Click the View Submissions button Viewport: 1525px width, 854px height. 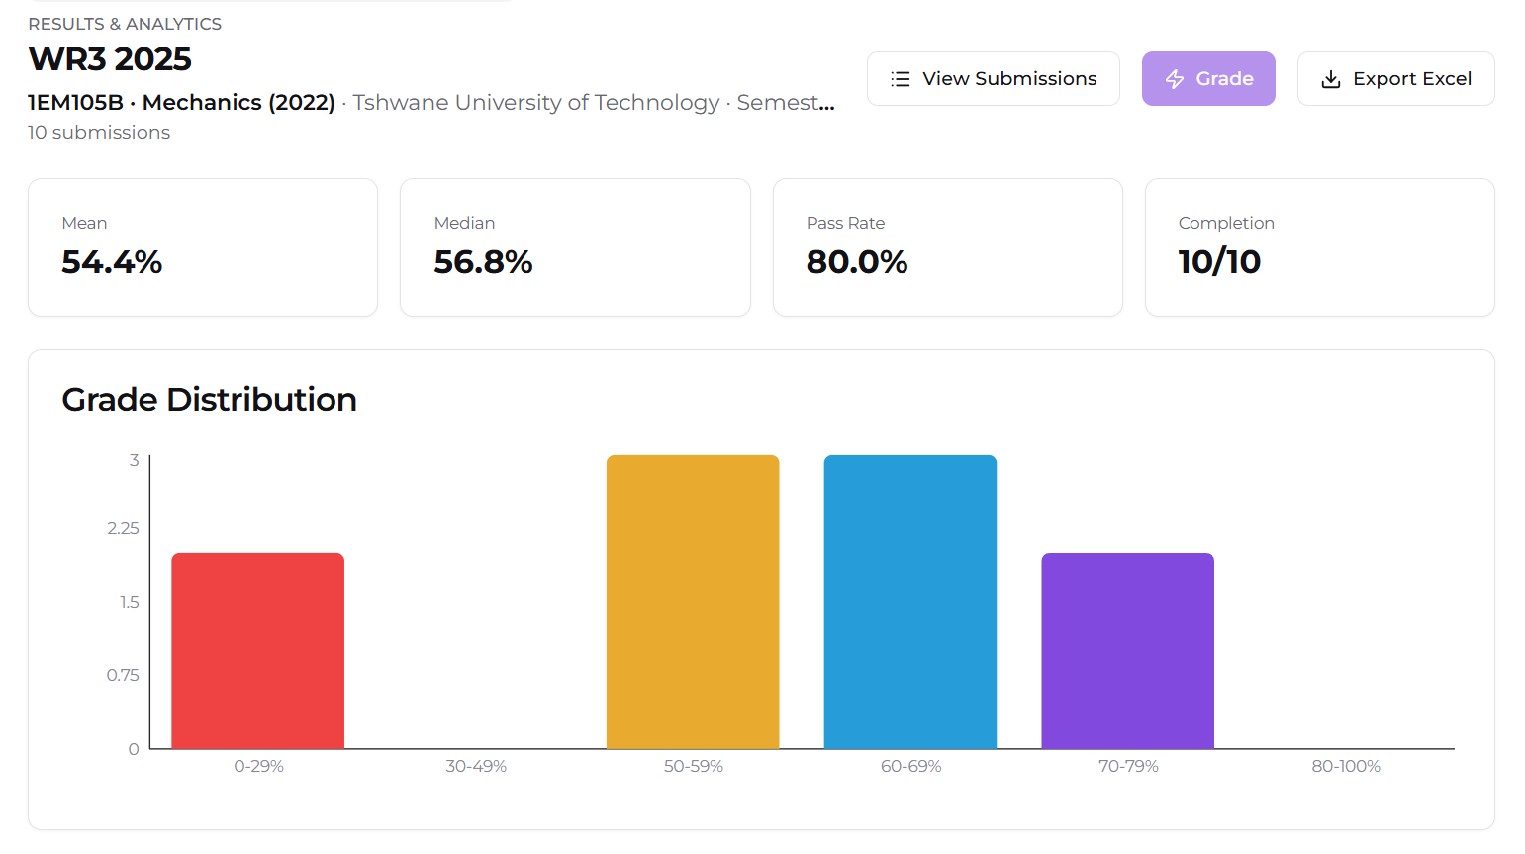(994, 78)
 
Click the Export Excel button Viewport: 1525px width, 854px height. (1395, 78)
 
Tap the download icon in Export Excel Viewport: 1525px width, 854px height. (1331, 79)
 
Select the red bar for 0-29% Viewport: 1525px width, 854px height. (258, 651)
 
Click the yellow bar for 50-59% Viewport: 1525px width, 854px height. (693, 602)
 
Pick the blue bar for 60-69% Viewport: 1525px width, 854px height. (910, 602)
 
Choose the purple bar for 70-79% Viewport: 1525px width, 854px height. (1127, 651)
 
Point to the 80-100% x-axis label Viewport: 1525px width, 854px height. (1346, 766)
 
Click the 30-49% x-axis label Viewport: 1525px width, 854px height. (476, 766)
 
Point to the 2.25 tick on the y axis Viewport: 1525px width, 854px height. (124, 528)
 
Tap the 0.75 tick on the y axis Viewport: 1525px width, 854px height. (123, 675)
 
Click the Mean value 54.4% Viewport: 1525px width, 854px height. (113, 262)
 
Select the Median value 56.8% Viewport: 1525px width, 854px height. (483, 262)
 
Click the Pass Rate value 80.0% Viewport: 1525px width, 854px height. (857, 262)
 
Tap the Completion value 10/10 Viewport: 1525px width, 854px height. (1219, 262)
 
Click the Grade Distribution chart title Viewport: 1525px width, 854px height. (209, 399)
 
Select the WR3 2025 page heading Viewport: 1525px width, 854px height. (110, 59)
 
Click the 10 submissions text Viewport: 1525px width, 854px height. (99, 133)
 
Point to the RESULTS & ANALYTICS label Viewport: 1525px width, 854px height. (125, 24)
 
